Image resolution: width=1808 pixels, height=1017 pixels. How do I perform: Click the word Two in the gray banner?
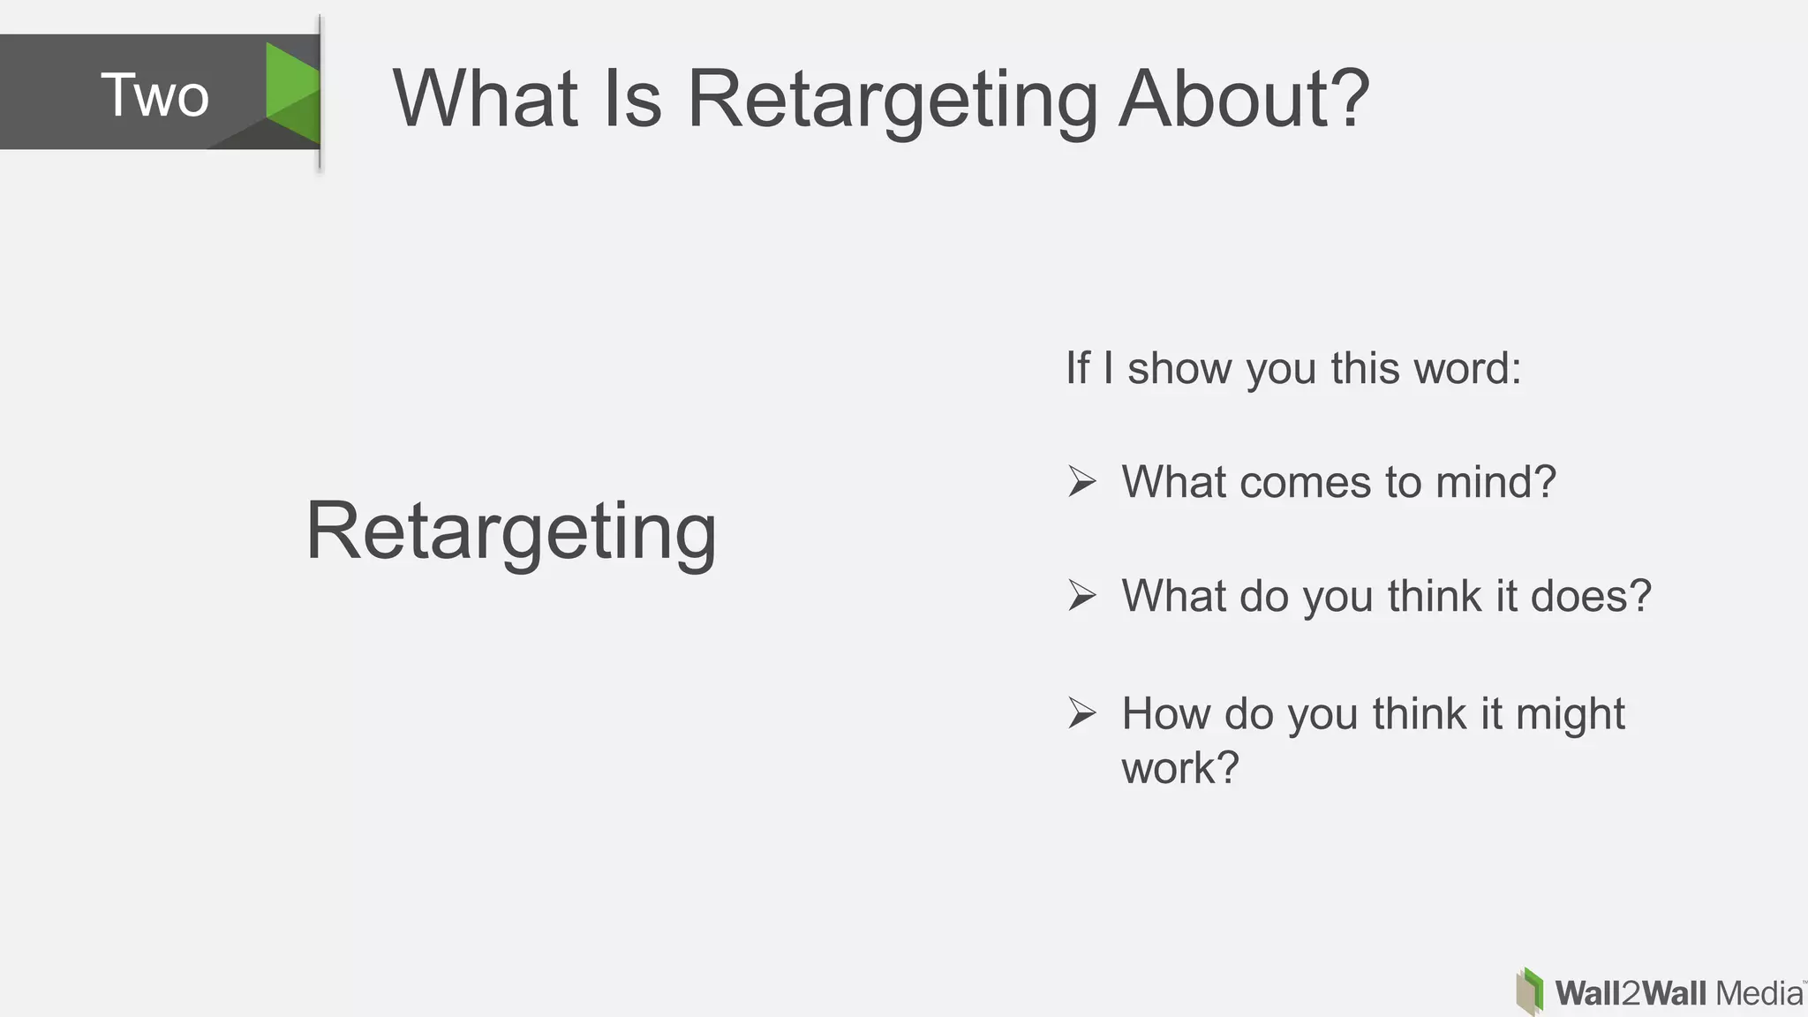coord(154,95)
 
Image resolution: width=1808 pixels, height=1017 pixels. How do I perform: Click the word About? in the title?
coord(1244,98)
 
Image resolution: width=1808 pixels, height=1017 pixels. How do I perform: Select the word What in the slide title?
coord(485,98)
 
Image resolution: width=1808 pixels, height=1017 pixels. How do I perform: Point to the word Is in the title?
coord(632,98)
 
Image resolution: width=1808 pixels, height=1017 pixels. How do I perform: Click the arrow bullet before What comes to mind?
coord(1081,481)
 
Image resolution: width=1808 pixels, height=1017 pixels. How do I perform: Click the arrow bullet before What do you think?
coord(1081,595)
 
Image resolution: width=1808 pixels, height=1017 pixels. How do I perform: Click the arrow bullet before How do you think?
coord(1081,712)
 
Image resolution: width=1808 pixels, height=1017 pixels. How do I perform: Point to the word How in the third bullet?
coord(1165,713)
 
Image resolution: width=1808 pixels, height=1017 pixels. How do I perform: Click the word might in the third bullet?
coord(1570,715)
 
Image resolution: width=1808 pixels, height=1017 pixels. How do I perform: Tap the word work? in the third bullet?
coord(1180,767)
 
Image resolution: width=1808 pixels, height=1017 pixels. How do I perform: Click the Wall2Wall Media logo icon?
coord(1530,991)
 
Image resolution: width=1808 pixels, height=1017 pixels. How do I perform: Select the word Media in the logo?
coord(1759,993)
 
